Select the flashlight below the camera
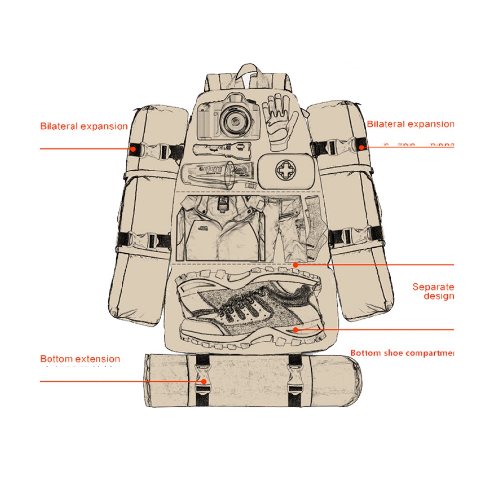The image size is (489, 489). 222,149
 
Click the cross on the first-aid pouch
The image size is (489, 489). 284,171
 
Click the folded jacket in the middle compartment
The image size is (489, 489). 220,228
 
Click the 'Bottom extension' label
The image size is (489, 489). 80,359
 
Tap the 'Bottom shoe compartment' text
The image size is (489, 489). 402,353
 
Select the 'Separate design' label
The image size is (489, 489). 433,291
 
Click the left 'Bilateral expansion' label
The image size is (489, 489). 84,126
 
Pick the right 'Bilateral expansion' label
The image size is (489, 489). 411,124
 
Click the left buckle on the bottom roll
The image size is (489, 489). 203,379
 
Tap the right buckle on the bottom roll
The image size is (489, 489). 295,380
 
